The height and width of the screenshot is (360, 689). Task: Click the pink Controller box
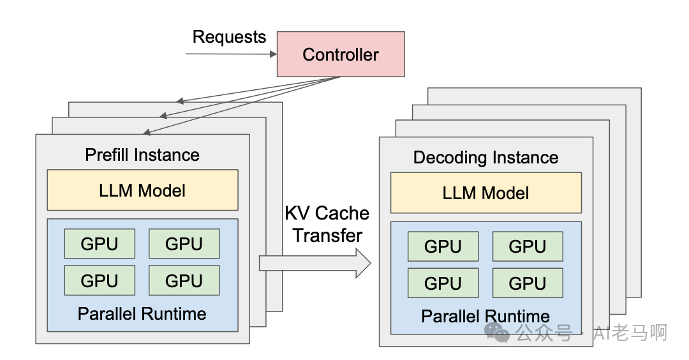(340, 54)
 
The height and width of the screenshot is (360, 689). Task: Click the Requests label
(229, 37)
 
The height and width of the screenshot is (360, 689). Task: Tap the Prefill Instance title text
(142, 155)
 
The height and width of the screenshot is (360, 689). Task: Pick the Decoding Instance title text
(485, 158)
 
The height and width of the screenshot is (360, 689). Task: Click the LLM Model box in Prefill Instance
(142, 190)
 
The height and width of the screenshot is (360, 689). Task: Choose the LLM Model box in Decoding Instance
(485, 192)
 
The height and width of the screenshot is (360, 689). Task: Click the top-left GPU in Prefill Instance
(100, 244)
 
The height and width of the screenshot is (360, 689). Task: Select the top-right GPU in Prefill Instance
(184, 244)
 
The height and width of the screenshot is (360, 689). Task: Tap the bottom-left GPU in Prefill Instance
(100, 280)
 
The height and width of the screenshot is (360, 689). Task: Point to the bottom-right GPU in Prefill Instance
(184, 280)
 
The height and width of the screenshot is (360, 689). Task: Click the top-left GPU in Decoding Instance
(443, 246)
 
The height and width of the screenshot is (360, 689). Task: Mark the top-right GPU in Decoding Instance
(528, 246)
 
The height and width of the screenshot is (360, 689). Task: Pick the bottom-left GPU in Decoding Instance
(443, 283)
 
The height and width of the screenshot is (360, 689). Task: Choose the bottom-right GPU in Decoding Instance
(528, 283)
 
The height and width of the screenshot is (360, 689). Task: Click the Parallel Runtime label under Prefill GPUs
(142, 314)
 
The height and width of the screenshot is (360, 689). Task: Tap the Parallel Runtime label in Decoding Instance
(485, 317)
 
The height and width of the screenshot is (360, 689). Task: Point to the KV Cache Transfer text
(327, 224)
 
